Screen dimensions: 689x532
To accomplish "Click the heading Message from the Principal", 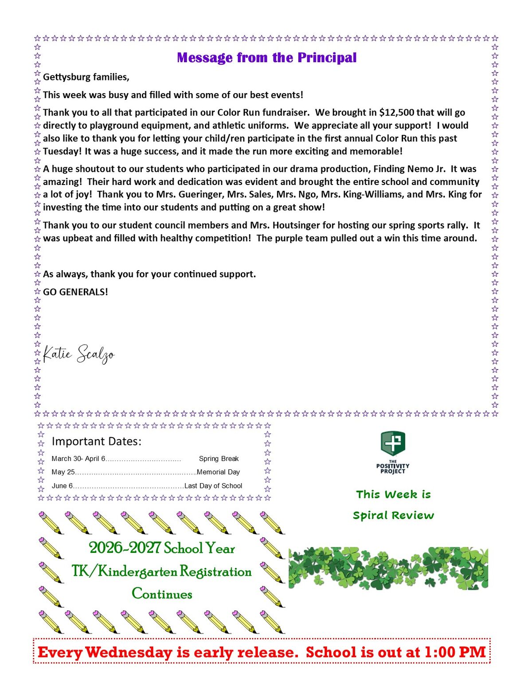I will point(266,58).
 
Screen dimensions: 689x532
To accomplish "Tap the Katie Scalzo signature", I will point(78,354).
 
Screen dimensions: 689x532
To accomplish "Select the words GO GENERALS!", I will point(75,292).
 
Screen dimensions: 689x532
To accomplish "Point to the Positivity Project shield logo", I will point(393,443).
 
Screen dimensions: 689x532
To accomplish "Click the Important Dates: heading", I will point(97,441).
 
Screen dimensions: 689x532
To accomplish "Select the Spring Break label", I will point(219,459).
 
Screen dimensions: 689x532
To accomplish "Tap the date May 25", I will point(63,472).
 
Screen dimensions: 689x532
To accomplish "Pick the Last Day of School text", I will point(213,486).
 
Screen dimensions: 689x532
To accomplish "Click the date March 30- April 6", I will point(78,459).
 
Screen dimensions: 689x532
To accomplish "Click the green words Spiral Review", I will point(393,516).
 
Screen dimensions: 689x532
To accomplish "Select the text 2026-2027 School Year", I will point(162,548).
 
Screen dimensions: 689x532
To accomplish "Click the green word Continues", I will point(162,594).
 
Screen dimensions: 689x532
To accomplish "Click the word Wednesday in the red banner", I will point(129,652).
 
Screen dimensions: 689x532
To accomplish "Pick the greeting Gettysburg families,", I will point(86,77).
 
